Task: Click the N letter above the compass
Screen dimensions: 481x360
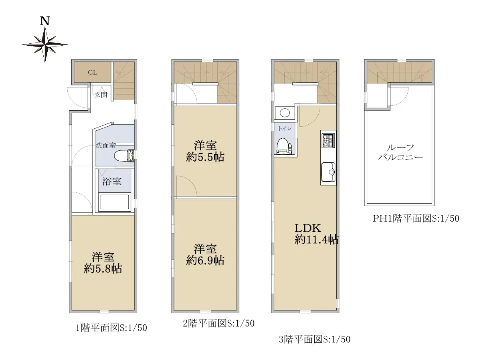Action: tap(45, 21)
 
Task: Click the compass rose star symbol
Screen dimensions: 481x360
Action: tap(45, 44)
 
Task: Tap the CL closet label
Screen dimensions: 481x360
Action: tap(93, 72)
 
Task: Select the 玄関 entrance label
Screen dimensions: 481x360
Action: tap(101, 95)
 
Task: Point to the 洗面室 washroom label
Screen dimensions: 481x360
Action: tap(106, 145)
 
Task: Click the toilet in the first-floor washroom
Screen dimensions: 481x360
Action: tap(124, 156)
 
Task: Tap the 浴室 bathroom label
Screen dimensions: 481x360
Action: tap(112, 182)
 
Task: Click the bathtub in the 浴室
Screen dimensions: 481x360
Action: tap(114, 202)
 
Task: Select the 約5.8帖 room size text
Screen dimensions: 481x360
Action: tap(103, 269)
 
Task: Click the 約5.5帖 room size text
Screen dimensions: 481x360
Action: tap(205, 157)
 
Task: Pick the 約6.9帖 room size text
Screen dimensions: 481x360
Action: tap(205, 261)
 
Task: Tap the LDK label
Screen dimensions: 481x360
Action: tap(308, 229)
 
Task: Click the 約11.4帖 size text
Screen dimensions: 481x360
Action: tap(317, 240)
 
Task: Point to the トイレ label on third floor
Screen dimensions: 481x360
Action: tap(285, 129)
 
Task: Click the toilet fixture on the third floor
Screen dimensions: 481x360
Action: tap(285, 146)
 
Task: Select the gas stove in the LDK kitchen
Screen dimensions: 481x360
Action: tap(328, 140)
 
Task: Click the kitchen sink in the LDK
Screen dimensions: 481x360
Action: tap(328, 172)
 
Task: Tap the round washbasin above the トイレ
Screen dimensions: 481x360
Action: tap(285, 113)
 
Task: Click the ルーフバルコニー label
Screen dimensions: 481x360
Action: tap(400, 152)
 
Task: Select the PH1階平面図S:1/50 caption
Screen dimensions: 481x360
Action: tap(416, 218)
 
